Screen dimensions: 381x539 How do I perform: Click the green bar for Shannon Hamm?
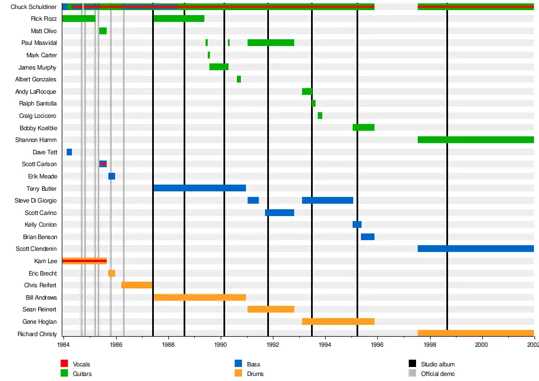tap(476, 140)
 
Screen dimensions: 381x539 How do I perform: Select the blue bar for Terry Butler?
tap(199, 188)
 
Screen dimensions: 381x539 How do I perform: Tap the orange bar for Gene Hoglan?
tap(338, 322)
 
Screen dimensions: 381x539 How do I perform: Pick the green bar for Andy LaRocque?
tap(307, 91)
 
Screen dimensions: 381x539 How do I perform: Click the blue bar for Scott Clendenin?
tap(476, 249)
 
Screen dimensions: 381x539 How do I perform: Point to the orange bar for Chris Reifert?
tap(136, 285)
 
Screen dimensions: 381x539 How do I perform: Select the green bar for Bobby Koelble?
tap(363, 127)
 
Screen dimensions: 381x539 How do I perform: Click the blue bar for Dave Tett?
tap(69, 152)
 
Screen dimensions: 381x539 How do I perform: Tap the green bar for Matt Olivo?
tap(103, 31)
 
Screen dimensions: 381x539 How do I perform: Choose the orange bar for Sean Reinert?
tap(271, 309)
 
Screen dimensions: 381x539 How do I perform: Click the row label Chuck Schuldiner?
tap(33, 7)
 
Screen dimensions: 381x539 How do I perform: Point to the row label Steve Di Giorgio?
tap(35, 200)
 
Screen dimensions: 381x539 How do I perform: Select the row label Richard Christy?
tap(37, 334)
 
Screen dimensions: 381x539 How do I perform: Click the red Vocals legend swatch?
tap(64, 365)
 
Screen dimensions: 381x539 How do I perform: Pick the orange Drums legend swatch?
tap(238, 374)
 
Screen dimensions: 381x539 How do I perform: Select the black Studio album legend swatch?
tap(412, 365)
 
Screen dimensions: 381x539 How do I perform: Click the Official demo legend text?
tap(437, 374)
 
